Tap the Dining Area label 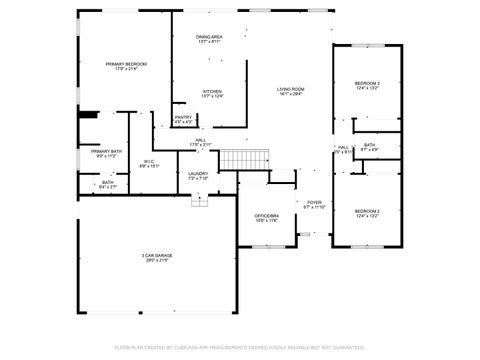pos(209,37)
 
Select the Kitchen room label pos(212,91)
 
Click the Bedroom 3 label pos(367,82)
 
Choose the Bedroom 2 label pos(367,211)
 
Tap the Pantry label pos(183,118)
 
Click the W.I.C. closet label pos(148,161)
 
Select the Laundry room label pos(198,174)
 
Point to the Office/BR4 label pos(266,215)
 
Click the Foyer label pos(314,202)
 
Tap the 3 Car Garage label pos(157,256)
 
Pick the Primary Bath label pos(107,152)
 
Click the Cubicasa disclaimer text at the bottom pos(240,346)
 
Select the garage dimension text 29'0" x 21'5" pos(157,262)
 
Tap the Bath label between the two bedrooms pos(370,145)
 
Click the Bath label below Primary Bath pos(107,182)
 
